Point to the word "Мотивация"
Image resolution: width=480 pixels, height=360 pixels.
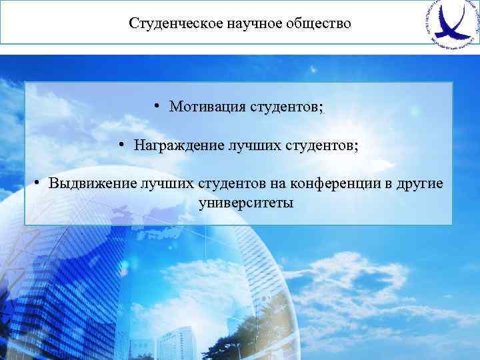click(x=207, y=107)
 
